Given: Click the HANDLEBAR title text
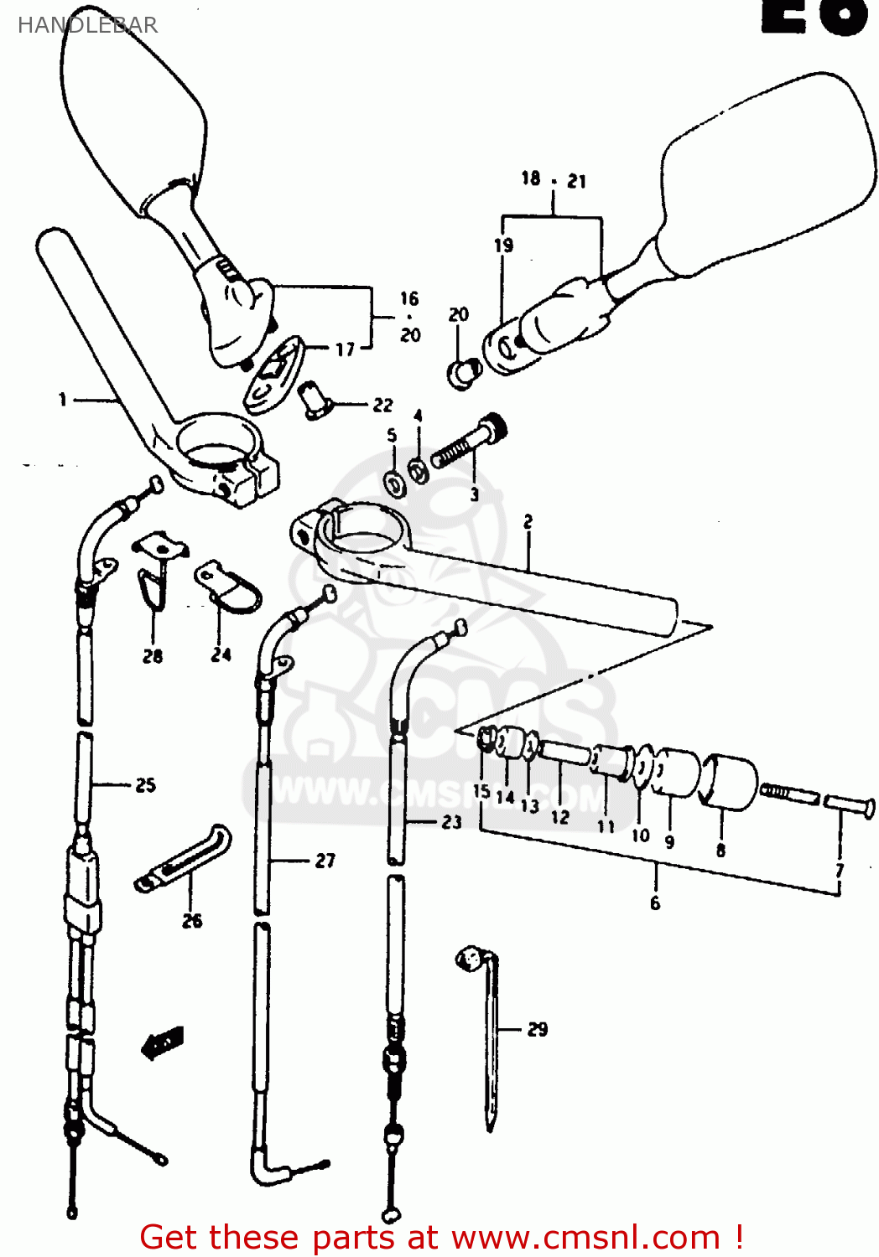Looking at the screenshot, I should pos(87,25).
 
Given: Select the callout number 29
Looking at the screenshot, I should pos(538,1029).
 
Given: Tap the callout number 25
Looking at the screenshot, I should pos(146,785).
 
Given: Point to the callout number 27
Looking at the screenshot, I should pos(325,861).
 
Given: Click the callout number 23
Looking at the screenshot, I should pos(452,822).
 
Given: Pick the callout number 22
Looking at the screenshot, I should pos(382,405).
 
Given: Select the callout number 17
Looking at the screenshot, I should pos(346,349).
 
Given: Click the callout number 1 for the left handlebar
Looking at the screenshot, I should pos(62,400).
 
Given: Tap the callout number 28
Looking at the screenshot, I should pos(153,656).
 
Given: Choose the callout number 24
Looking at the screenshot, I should pos(221,654).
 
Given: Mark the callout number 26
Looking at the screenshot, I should pos(192,921).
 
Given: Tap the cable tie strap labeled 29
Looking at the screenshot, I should pos(490,1039).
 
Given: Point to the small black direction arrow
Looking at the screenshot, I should pos(163,1042).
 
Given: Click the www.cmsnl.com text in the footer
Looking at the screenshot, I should pos(585,1237).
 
